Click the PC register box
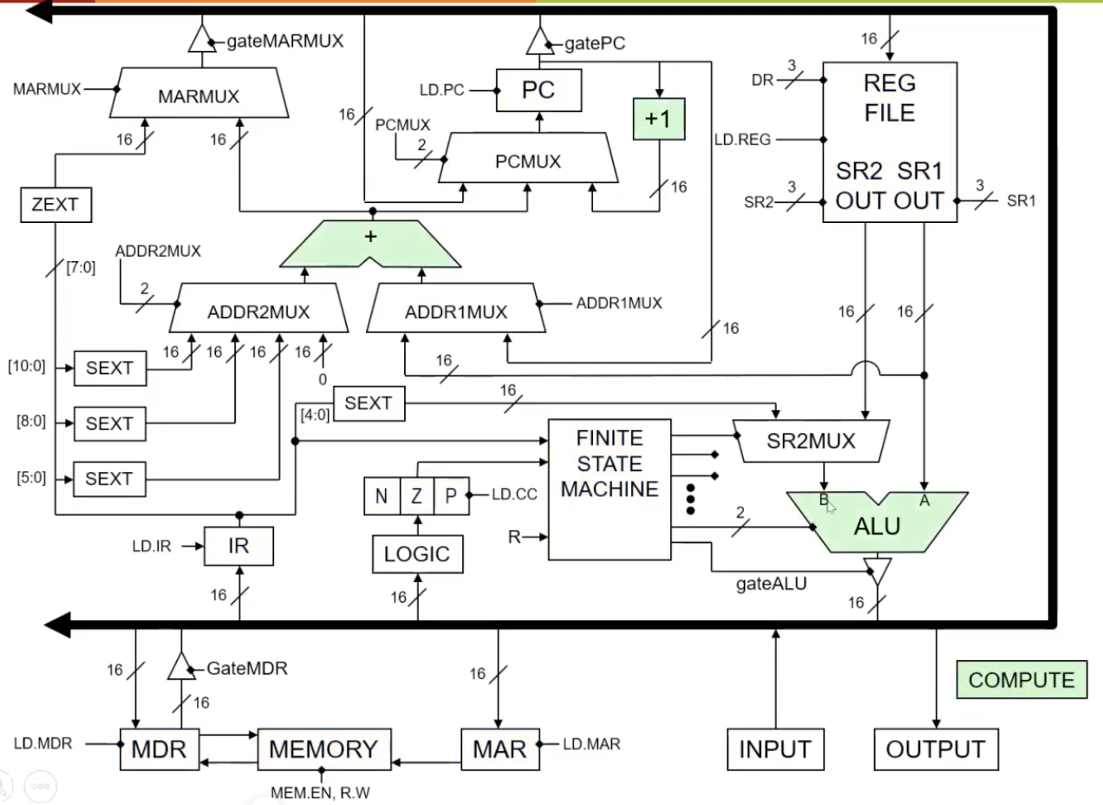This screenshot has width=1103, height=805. [538, 90]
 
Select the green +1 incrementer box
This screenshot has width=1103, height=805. [659, 119]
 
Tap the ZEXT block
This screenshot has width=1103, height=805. [55, 205]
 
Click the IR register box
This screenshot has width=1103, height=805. [238, 546]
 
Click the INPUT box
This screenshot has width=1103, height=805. [775, 749]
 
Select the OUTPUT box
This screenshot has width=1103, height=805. [936, 749]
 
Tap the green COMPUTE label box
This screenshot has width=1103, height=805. [1021, 680]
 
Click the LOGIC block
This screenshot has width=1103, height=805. [418, 554]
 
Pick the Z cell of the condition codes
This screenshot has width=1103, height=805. [417, 496]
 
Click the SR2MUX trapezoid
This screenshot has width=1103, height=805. [811, 441]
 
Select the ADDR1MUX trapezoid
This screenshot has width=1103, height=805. [456, 312]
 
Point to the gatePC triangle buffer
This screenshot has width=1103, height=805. [539, 40]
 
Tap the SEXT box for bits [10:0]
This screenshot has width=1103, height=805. [109, 369]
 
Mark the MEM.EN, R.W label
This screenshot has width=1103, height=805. [321, 791]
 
